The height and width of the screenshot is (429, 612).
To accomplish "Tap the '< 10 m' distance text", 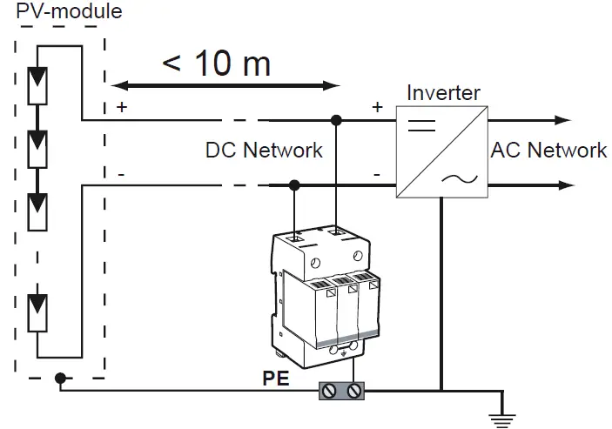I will coord(216,63).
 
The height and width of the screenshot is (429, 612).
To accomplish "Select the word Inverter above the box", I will coord(442,92).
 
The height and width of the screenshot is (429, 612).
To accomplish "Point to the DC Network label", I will coord(264,151).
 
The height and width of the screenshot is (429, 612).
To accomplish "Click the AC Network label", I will coord(548,150).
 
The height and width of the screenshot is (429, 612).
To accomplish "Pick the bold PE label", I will coord(276,380).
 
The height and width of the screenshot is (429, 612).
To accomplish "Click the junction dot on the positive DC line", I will coord(335,119).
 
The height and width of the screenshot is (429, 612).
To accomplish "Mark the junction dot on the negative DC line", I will coord(295,184).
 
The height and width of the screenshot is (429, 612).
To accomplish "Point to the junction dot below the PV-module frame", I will coord(60,379).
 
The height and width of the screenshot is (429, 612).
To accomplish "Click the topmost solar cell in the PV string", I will coord(39,84).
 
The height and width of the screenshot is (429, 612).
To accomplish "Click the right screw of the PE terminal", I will coord(353,392).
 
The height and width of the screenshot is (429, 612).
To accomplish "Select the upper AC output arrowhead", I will coord(565,119).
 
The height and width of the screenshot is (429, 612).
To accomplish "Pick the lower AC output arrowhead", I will coord(565,184).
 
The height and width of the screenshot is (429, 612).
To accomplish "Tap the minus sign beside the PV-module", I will coord(120,174).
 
